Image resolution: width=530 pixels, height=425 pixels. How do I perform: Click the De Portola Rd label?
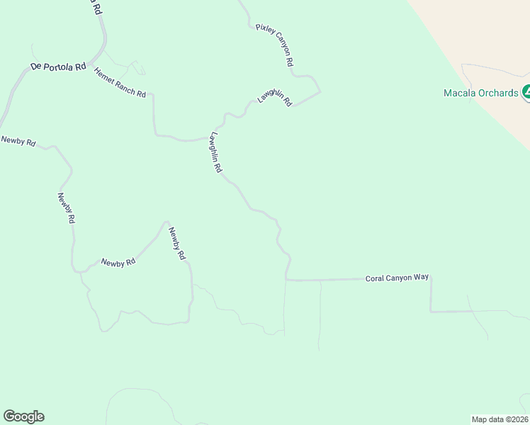coord(57,66)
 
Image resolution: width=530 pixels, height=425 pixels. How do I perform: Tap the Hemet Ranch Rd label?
coord(120,83)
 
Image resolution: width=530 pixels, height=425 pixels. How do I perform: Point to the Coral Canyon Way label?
coord(397,278)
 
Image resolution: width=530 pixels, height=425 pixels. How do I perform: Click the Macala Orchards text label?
coord(481,93)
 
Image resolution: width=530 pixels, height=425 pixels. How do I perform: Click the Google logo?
coord(23,416)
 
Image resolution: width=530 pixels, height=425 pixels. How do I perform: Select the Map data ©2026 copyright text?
coord(500,419)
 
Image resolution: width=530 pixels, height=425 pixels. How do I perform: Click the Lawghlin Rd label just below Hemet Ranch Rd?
coord(215,152)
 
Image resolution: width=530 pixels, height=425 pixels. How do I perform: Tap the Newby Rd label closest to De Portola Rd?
coord(18,141)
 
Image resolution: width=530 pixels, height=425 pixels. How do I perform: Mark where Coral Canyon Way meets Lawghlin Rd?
coord(286,280)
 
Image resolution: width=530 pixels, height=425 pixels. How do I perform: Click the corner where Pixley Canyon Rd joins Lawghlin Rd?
coord(320,91)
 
